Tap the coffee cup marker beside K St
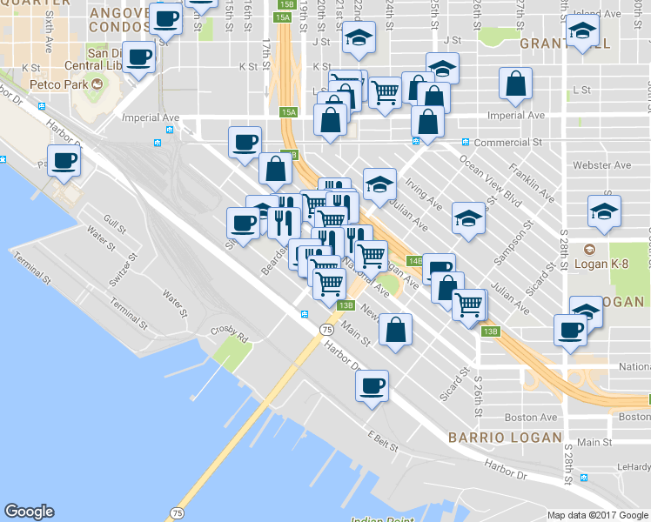(x=139, y=58)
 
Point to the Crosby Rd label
(x=230, y=332)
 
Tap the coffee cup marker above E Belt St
(x=372, y=385)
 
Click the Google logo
(x=29, y=512)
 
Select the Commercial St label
(x=514, y=142)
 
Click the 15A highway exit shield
(x=289, y=112)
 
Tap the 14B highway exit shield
(x=416, y=260)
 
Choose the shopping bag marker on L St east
(x=516, y=84)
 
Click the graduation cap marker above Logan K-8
(x=604, y=212)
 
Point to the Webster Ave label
(x=600, y=165)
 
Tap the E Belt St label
(x=382, y=441)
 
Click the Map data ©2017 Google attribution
(x=598, y=515)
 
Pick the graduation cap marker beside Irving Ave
(x=379, y=184)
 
